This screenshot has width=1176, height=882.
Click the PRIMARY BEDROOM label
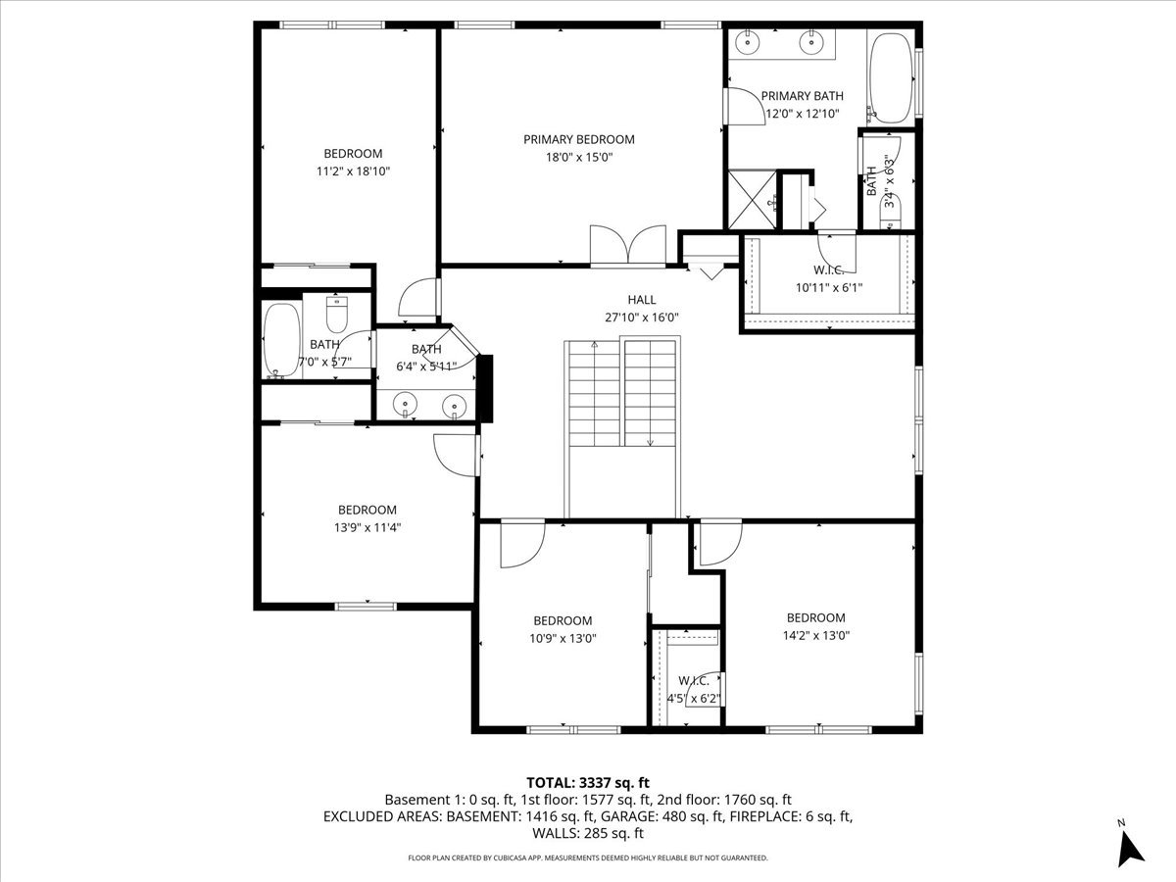[578, 139]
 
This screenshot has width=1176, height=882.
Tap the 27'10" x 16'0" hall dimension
[642, 318]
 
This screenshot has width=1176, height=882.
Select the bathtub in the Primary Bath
[890, 78]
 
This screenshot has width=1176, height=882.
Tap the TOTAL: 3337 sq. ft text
[588, 782]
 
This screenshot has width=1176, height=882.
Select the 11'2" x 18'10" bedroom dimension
[353, 171]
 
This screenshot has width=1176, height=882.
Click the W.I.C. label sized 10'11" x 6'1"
[828, 270]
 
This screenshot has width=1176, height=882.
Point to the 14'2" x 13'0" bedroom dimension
[815, 634]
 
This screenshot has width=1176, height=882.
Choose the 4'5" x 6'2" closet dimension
[693, 699]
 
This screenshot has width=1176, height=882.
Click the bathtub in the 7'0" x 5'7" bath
[281, 340]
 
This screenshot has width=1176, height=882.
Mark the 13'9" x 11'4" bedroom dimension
[367, 527]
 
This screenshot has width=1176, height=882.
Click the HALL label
[642, 300]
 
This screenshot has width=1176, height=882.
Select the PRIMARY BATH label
[802, 96]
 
